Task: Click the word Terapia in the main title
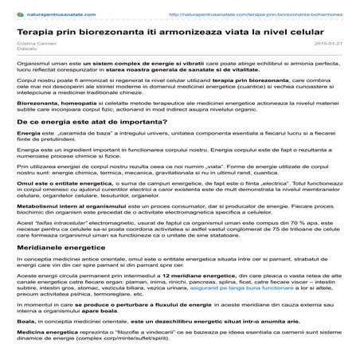[x=37, y=28]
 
